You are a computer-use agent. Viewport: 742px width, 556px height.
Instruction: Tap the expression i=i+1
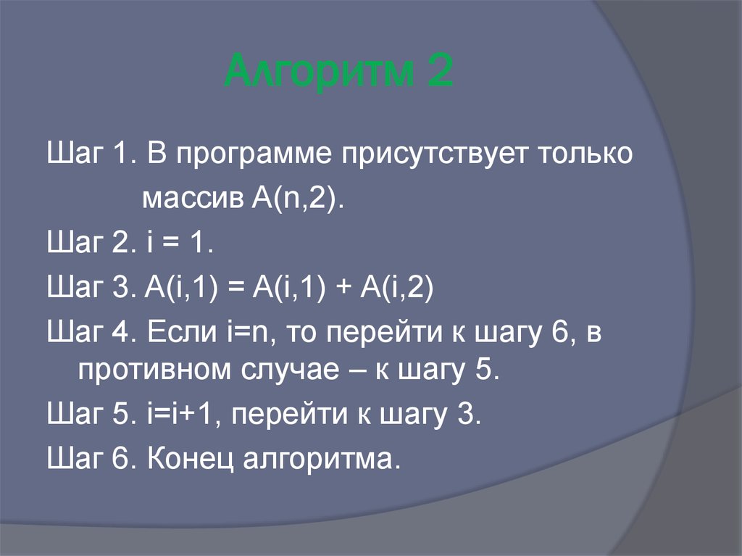(186, 418)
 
